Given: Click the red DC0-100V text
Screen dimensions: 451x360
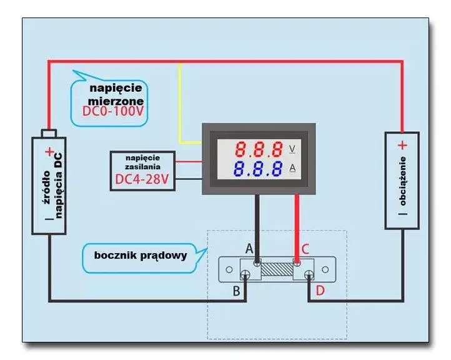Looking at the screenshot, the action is click(x=112, y=111).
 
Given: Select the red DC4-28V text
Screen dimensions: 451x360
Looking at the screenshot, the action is click(x=142, y=179).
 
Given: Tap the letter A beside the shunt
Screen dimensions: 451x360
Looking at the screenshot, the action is click(x=249, y=248).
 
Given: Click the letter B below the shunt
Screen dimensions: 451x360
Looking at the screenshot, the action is click(x=236, y=291).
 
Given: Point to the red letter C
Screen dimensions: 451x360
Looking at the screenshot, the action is click(x=305, y=249).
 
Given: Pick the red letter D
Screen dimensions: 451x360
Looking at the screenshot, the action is click(x=320, y=291).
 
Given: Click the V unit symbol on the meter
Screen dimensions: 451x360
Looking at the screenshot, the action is click(x=292, y=149).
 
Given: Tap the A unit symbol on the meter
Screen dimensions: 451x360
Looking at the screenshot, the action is click(x=292, y=167).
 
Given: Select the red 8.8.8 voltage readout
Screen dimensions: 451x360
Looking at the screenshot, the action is click(x=259, y=149).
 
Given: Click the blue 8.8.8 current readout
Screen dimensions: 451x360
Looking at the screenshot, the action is click(x=258, y=169).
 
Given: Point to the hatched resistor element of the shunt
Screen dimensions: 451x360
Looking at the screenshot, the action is click(x=277, y=269).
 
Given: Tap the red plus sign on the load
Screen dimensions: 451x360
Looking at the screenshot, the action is click(x=402, y=146).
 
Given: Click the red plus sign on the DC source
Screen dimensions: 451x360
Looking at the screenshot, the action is click(x=49, y=152).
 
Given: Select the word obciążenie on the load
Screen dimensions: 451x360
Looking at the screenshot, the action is click(x=403, y=181).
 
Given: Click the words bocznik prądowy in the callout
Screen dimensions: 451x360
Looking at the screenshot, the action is click(x=141, y=256).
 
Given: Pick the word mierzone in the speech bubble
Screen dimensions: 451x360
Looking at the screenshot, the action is click(x=116, y=101).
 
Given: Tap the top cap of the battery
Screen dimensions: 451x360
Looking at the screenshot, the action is click(x=49, y=133).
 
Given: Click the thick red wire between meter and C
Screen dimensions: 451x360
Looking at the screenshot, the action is click(x=297, y=228).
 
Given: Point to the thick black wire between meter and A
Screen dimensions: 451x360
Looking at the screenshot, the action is click(x=257, y=228).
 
